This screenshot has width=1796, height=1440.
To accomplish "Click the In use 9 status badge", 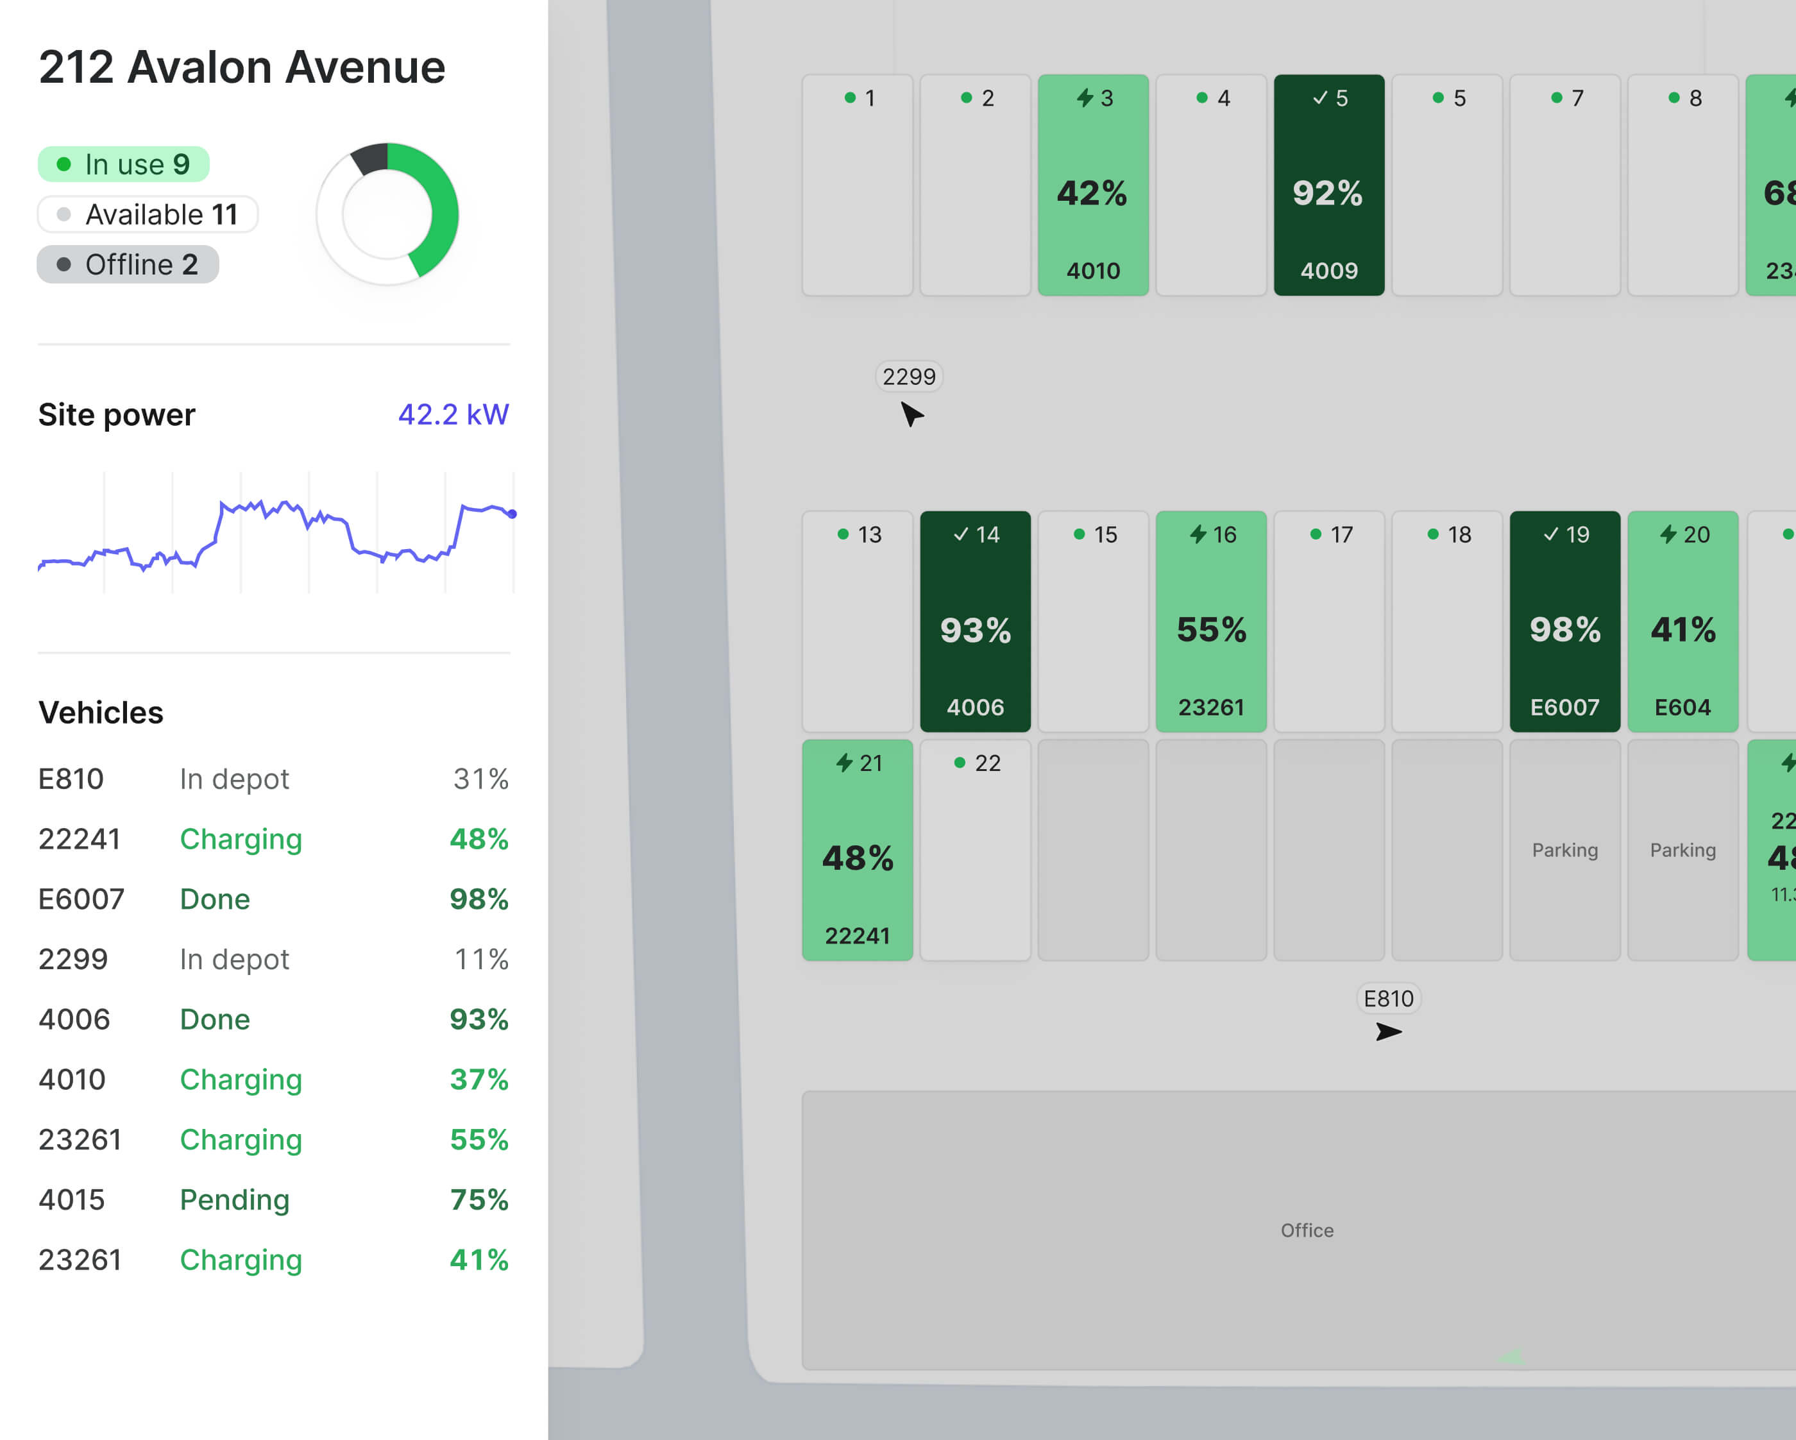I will [x=123, y=164].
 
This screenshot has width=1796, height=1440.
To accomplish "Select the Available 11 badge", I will [x=148, y=215].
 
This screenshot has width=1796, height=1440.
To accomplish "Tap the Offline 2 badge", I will [x=128, y=265].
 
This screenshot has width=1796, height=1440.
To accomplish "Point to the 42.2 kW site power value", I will [x=452, y=414].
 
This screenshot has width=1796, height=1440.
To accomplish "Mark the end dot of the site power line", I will [x=513, y=514].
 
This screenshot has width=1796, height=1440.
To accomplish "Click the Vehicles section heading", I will [x=101, y=712].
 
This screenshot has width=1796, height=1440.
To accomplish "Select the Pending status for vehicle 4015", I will [x=234, y=1199].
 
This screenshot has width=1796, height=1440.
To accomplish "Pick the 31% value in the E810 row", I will [x=480, y=779].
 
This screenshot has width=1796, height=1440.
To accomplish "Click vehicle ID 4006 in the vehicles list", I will [x=74, y=1019].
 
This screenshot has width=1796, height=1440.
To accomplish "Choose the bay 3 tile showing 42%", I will [x=1093, y=185].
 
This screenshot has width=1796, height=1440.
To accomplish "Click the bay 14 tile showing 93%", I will [x=974, y=622].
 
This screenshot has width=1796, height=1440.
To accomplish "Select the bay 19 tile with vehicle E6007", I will [x=1564, y=622].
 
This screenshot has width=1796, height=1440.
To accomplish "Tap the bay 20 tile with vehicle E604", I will [x=1682, y=622].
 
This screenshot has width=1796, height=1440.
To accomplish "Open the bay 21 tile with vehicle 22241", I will [x=857, y=849].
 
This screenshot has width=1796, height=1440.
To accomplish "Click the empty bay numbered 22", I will [x=974, y=849].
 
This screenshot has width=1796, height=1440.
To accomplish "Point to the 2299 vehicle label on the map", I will [x=909, y=377].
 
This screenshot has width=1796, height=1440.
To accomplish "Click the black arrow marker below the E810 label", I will [x=1388, y=1033].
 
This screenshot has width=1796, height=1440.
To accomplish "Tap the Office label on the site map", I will [x=1306, y=1230].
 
